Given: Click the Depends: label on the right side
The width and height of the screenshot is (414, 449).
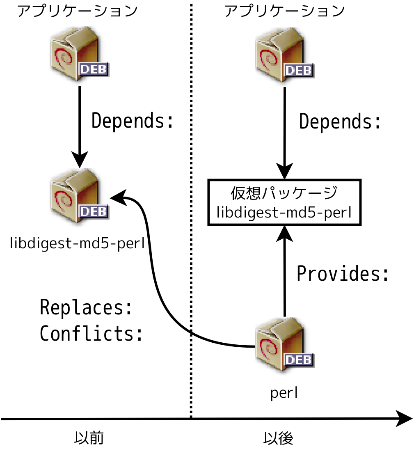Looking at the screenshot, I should [340, 122].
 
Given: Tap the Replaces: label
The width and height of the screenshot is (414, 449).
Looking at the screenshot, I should [86, 307].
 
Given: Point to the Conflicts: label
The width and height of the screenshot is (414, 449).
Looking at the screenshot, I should [91, 334].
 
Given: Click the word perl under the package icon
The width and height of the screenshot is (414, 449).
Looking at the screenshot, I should [284, 393].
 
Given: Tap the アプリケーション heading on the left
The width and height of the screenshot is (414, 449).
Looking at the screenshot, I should [78, 11].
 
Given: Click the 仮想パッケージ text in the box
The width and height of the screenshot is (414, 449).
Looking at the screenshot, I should [284, 193].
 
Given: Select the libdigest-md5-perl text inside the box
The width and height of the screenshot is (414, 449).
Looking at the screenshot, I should [284, 212].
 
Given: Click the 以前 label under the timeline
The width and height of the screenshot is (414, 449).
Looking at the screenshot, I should [89, 438].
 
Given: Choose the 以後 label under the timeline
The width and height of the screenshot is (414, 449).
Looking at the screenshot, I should [278, 438].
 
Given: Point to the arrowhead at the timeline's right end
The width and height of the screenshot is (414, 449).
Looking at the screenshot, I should [405, 419].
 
